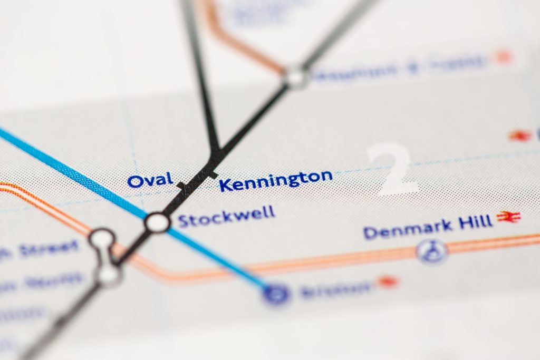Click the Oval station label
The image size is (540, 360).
pos(150,180)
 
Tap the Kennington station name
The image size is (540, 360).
pos(276,180)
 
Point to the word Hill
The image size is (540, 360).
pos(475,222)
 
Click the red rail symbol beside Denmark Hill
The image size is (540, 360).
pos(508,217)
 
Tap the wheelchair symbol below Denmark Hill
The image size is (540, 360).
pos(432,251)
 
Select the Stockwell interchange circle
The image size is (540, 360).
pos(157,222)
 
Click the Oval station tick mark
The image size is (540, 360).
pos(182,185)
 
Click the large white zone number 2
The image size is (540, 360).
pos(392,168)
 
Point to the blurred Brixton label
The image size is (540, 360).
pos(335,289)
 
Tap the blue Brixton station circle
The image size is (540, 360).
pos(276,293)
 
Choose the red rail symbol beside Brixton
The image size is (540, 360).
pos(388,282)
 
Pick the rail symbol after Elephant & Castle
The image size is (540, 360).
pos(504,57)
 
